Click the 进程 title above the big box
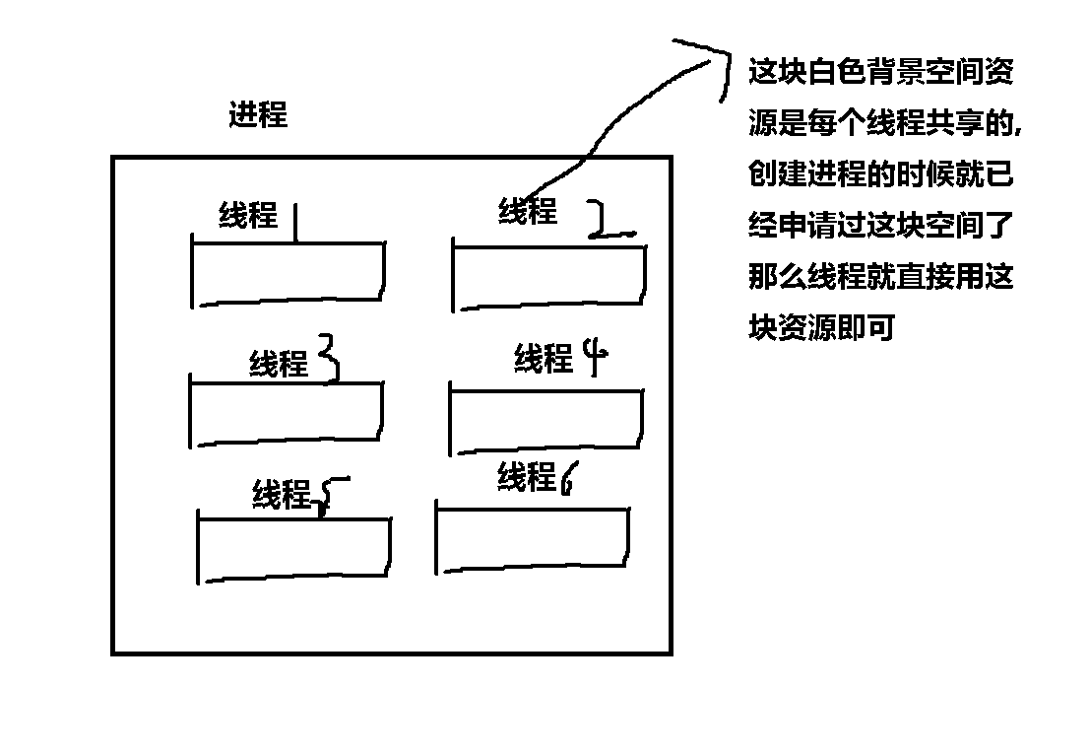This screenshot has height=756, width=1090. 258,115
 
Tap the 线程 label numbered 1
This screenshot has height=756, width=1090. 248,215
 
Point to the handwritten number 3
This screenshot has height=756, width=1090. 328,357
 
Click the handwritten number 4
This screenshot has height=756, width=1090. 594,358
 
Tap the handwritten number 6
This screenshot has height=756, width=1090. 568,479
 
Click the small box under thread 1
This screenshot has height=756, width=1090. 288,272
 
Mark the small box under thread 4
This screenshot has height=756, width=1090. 546,421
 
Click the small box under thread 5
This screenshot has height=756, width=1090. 294,547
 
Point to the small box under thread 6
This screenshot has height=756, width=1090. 533,539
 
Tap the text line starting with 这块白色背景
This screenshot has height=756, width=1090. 881,72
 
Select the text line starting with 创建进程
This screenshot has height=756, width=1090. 881,175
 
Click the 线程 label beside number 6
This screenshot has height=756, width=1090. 527,478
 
